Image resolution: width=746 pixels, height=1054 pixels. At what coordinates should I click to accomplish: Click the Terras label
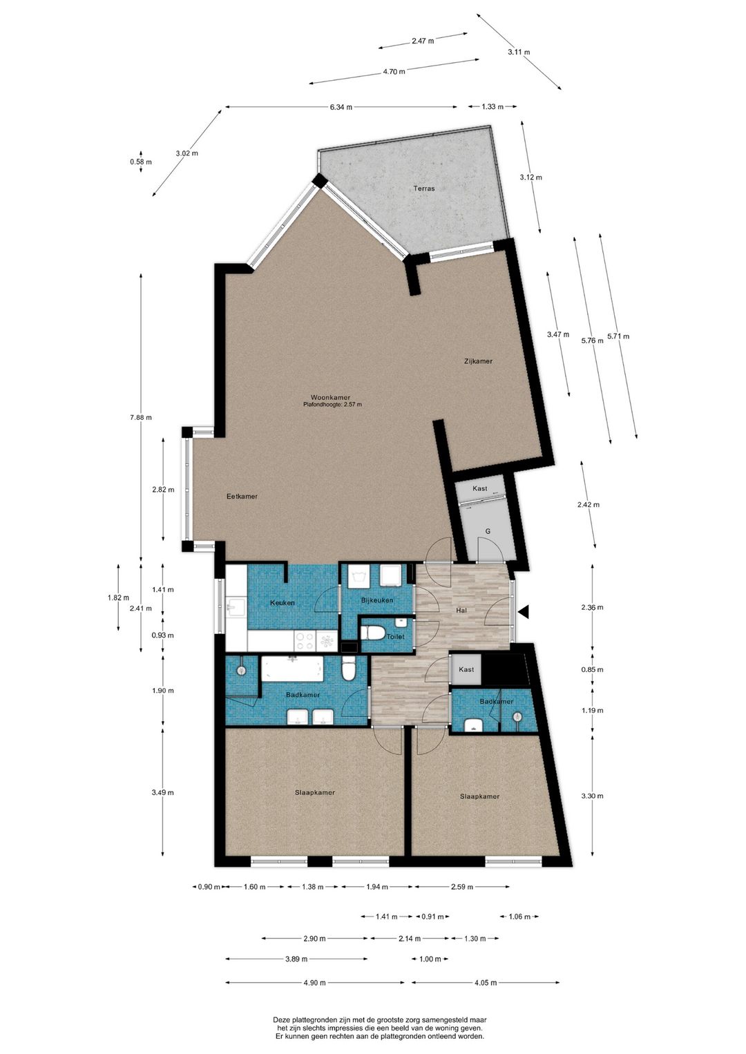tap(423, 188)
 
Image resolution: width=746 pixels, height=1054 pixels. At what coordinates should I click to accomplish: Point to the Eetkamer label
tap(242, 496)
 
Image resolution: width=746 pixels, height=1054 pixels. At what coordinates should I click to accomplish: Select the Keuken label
tap(282, 603)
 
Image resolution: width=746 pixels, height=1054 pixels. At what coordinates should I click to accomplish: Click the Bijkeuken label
tap(377, 600)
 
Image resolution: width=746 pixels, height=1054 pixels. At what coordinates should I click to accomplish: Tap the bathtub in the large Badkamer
tap(291, 669)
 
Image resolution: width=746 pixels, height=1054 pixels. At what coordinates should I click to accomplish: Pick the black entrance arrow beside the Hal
tap(524, 612)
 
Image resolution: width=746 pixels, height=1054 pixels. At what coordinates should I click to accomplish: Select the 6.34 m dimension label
tap(341, 107)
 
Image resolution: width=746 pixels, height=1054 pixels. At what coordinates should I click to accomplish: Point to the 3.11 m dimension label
tap(519, 52)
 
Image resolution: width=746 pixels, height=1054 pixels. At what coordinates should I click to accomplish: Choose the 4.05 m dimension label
tap(486, 982)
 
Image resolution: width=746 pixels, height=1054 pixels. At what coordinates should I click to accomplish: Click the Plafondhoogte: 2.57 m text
tap(333, 404)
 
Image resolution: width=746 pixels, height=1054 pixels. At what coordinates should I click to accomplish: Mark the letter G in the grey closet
tap(488, 531)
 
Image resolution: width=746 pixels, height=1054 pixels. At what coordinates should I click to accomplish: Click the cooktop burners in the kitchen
tap(305, 640)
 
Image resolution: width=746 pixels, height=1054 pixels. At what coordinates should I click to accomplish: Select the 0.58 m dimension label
tap(141, 162)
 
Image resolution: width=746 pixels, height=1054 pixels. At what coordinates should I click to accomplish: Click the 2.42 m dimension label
tap(589, 504)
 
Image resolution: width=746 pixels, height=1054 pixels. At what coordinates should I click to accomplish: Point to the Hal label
tap(461, 611)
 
